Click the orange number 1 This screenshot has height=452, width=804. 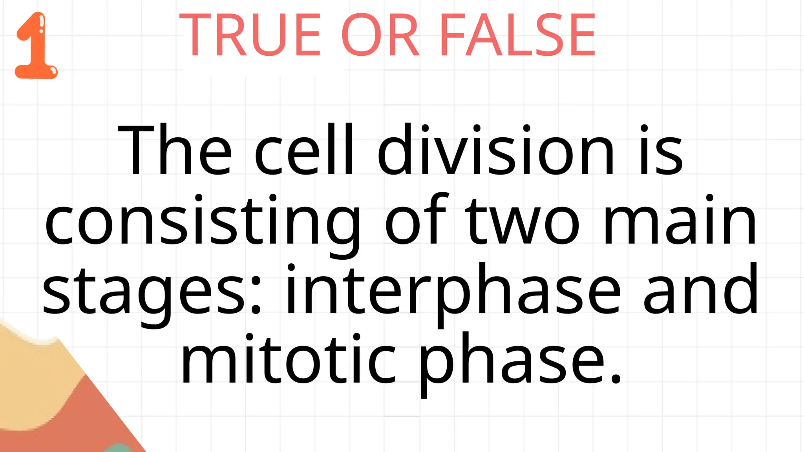36,46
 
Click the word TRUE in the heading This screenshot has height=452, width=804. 250,35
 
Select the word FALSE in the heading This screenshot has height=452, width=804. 517,35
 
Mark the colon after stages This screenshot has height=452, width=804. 256,292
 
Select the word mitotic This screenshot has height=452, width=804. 289,359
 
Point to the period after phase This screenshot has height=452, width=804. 616,378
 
